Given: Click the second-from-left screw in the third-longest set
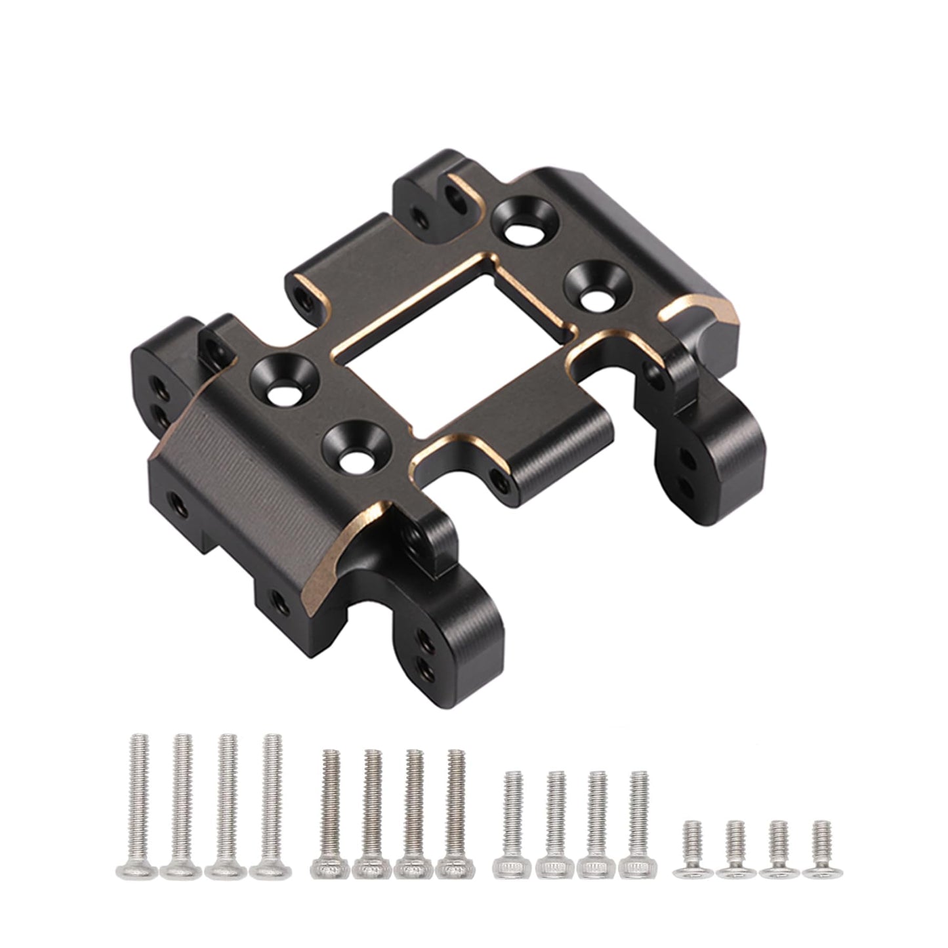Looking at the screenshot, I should [555, 823].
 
